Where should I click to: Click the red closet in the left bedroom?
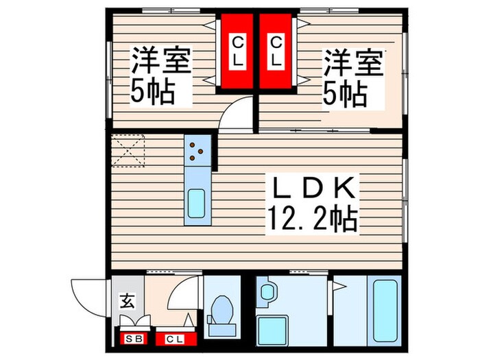(237, 52)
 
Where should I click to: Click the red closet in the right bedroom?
(276, 52)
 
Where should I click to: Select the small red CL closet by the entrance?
(174, 338)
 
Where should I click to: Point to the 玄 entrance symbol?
(128, 300)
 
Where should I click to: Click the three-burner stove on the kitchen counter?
(197, 149)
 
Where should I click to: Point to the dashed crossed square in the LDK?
(128, 151)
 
